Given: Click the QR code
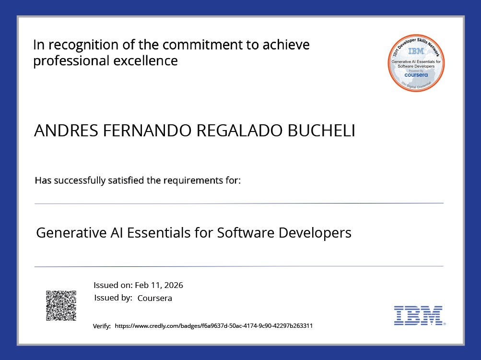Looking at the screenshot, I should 61,306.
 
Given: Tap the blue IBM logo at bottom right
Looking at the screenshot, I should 418,315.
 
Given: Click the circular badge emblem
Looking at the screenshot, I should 416,63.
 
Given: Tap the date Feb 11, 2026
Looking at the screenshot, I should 159,285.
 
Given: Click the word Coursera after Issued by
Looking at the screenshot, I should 154,298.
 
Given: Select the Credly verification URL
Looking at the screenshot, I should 214,325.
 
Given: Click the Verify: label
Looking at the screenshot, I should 102,326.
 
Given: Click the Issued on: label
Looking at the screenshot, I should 113,285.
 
